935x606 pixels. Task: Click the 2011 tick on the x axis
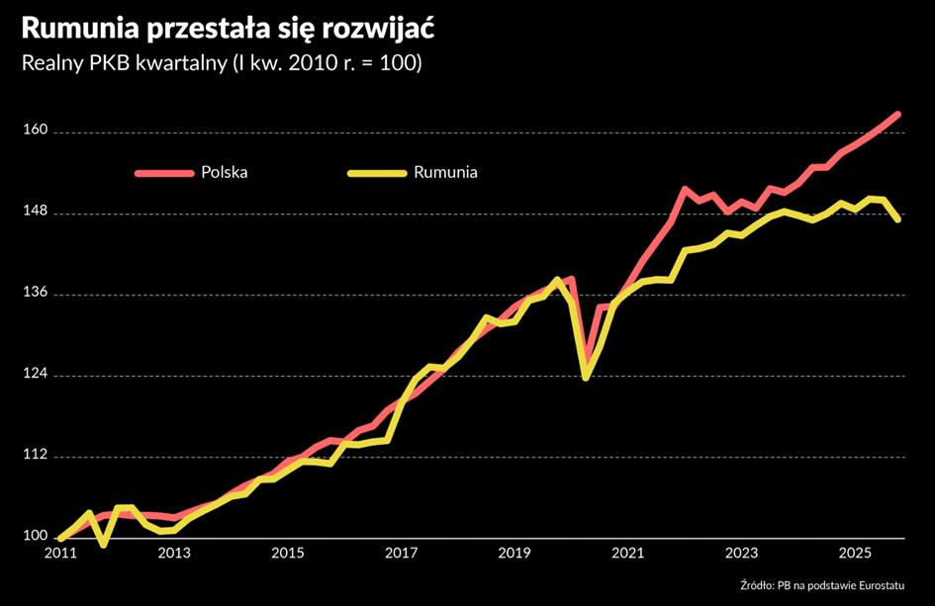point(60,553)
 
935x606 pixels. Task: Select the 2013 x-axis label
point(174,553)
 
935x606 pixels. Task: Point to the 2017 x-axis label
point(401,553)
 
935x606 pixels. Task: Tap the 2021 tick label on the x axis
point(628,553)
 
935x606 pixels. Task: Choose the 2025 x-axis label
point(855,553)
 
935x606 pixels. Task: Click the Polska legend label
point(224,172)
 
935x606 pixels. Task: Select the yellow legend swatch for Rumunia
point(376,172)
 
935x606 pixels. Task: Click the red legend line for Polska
point(163,172)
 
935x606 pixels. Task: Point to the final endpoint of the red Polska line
point(897,115)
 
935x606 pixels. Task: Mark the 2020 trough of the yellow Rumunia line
point(586,377)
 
